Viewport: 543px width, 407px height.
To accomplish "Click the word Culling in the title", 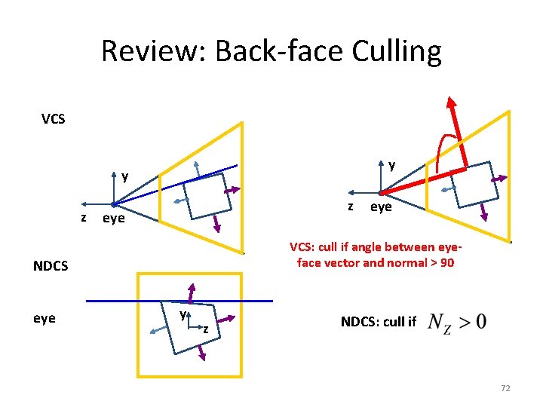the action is click(391, 52).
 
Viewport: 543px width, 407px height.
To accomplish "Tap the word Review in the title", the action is click(153, 52).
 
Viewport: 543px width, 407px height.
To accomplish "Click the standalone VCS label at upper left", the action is click(53, 119).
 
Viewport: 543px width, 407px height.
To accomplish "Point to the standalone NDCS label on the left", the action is click(51, 266).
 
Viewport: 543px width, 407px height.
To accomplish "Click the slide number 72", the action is click(505, 387).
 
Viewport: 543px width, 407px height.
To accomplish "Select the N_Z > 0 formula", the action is click(457, 322).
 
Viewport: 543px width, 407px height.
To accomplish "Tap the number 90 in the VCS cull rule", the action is click(446, 263).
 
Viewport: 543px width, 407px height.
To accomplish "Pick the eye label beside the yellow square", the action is click(44, 318).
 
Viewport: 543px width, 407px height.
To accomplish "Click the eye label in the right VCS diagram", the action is click(381, 207).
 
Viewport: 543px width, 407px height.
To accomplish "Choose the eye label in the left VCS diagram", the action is click(113, 219).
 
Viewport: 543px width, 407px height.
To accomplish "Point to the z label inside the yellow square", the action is click(204, 329).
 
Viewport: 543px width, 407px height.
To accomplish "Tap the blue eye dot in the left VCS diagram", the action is click(113, 204).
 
